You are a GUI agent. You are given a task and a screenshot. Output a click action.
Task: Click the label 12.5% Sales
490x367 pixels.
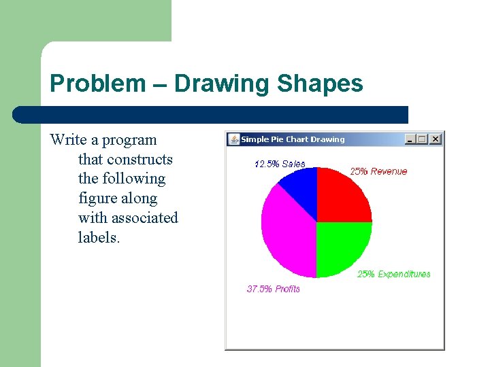tap(280, 164)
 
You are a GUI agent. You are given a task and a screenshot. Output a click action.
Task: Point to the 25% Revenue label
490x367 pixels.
tap(378, 171)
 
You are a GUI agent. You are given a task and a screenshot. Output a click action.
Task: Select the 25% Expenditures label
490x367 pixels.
tap(394, 274)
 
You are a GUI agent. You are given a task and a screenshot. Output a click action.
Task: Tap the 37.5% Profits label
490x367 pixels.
tap(273, 289)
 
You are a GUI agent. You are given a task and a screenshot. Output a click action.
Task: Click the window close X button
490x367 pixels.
tap(436, 139)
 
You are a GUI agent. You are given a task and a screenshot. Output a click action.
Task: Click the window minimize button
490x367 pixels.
tap(410, 139)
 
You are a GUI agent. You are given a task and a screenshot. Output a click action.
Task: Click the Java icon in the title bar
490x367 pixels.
tap(234, 139)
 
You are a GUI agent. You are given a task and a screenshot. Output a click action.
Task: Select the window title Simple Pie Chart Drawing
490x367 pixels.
tap(293, 139)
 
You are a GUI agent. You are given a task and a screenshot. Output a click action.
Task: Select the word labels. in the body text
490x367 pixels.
tap(99, 238)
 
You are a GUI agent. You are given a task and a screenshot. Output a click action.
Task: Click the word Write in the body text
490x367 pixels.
tap(68, 140)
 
